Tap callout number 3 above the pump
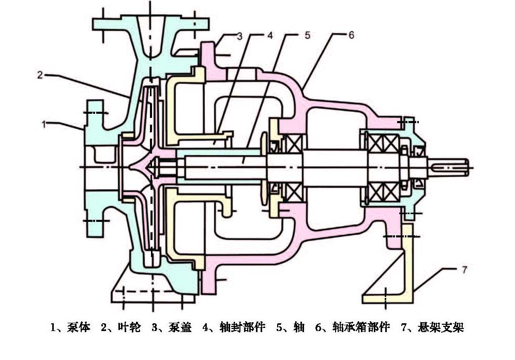point(239,36)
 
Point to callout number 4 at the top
point(269,36)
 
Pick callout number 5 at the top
point(307,36)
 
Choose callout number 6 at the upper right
point(351,36)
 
